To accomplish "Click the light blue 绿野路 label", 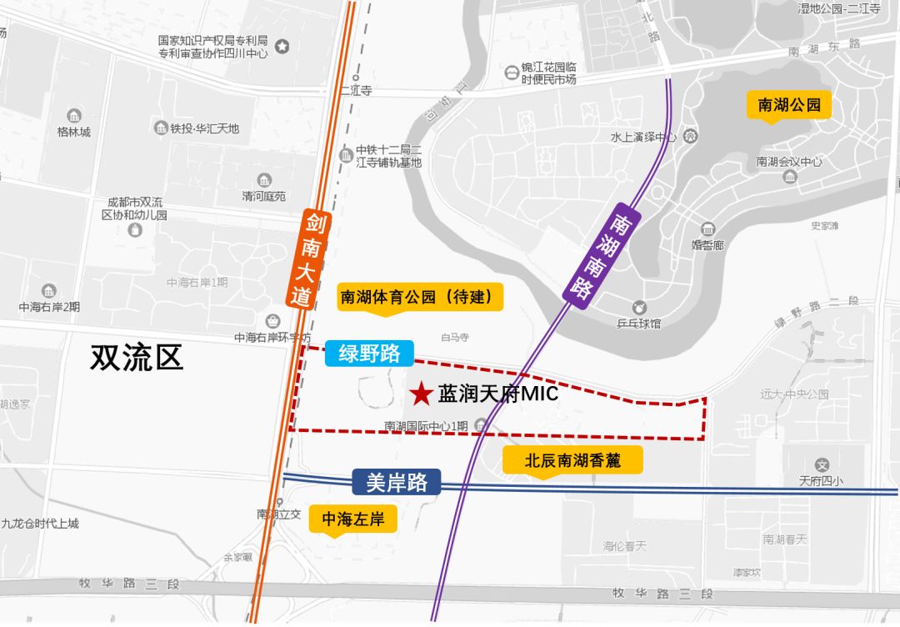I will [x=369, y=353].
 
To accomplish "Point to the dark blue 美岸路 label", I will [x=396, y=482].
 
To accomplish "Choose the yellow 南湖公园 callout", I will [x=788, y=105].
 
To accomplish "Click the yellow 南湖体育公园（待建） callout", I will [x=421, y=297].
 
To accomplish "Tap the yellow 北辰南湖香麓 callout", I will [x=572, y=459].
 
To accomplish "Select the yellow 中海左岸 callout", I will [x=352, y=519].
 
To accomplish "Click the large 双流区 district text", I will [x=137, y=359].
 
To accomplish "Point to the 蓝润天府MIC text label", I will [x=497, y=394].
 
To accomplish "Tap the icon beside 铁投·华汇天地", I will [x=161, y=128].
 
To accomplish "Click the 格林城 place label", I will [x=73, y=132].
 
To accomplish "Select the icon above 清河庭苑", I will [x=264, y=180].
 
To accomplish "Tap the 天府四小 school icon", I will [x=822, y=465].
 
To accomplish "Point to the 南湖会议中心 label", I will [x=789, y=162].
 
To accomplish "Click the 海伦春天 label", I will [x=624, y=546].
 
